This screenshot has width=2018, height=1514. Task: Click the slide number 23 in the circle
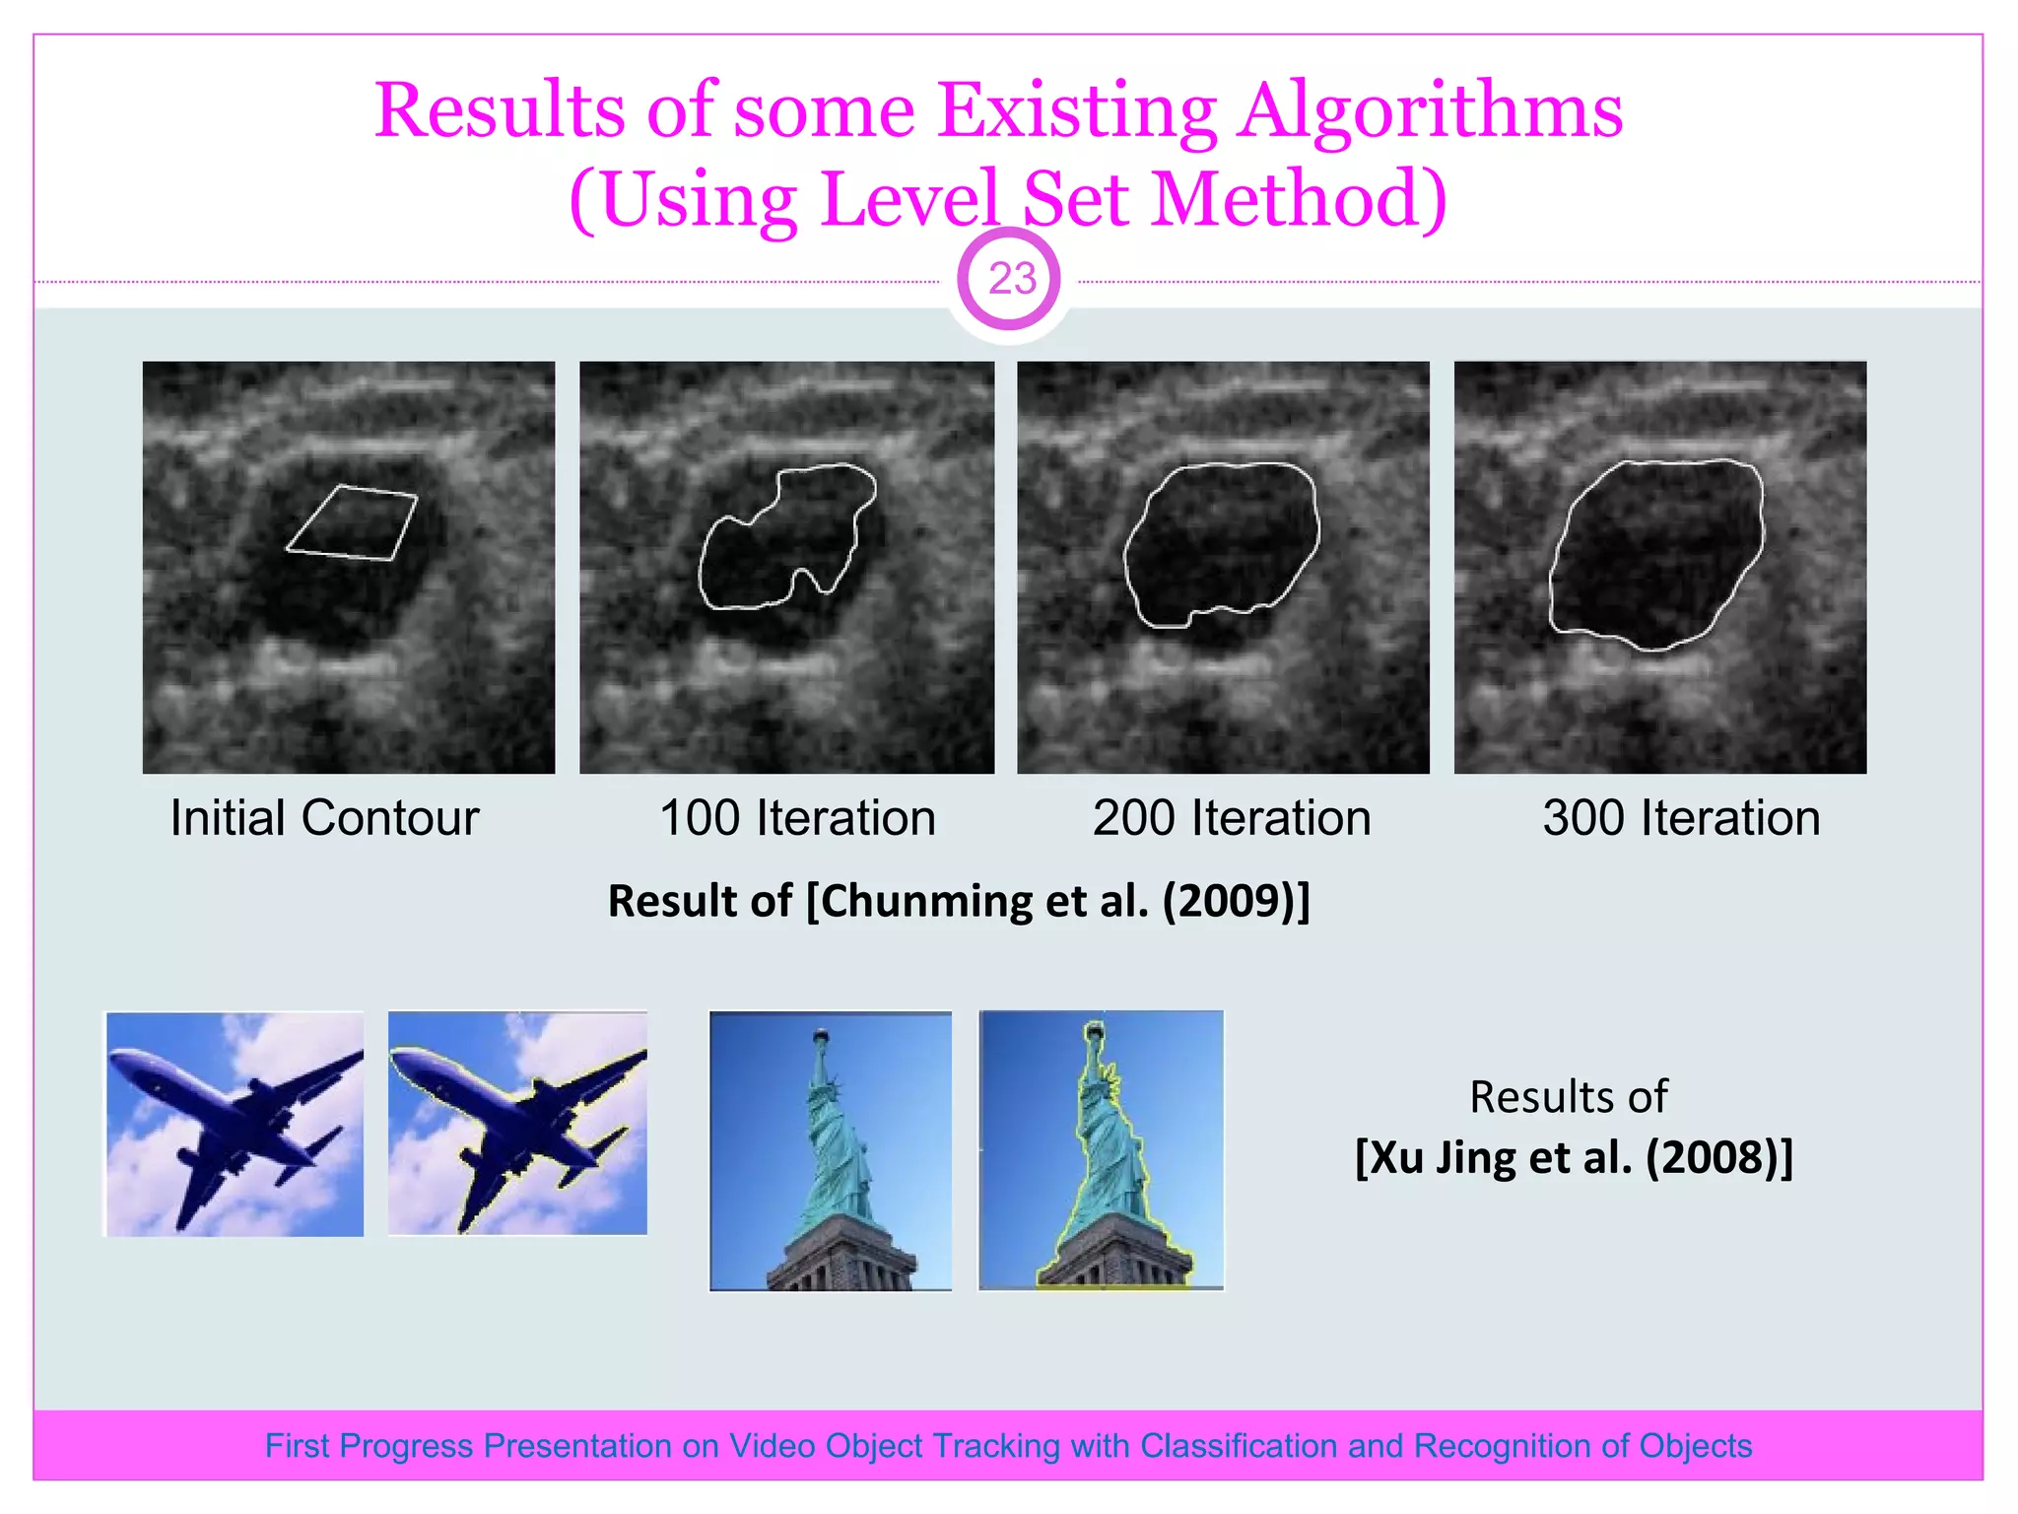[1011, 280]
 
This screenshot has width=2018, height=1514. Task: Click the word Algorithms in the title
[1431, 110]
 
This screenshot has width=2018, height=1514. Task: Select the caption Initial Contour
[324, 818]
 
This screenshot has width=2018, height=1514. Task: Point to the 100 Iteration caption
[797, 818]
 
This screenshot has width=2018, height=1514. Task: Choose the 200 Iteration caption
[1232, 818]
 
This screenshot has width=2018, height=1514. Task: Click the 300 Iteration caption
[1681, 818]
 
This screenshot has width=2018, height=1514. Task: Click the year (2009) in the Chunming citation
[1236, 901]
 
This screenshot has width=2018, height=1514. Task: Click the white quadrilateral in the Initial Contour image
[352, 522]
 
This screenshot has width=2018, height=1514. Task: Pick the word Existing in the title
[1077, 110]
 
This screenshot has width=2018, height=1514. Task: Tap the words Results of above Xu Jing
[1569, 1097]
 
